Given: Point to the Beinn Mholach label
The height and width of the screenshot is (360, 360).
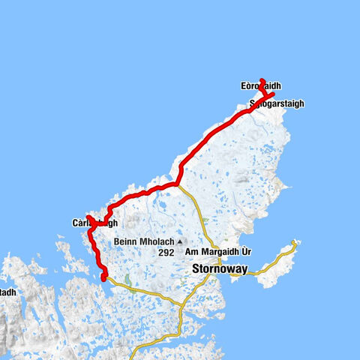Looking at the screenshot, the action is point(144,241).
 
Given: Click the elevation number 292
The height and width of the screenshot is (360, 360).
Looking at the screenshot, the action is point(166,253).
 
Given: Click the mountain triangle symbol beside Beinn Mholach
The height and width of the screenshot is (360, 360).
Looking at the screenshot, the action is point(179,241).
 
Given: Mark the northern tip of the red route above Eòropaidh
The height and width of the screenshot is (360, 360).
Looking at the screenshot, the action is point(261,79).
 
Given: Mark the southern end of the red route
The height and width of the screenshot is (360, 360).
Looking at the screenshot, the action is point(102,279).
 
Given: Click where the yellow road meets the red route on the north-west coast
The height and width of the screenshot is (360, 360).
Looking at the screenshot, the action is point(178,183).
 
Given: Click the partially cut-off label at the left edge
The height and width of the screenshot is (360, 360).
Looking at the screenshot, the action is point(6,292).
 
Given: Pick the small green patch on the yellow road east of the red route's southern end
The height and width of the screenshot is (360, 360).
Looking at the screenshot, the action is point(128,281).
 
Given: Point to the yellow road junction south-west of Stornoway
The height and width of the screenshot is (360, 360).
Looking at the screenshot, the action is point(183,304).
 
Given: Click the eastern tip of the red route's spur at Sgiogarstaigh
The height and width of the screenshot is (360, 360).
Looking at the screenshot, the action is point(272,94).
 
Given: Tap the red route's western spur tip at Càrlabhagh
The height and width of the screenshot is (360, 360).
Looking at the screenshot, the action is point(88,217).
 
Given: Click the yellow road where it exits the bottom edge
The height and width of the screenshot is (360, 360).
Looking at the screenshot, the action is point(178,357).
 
